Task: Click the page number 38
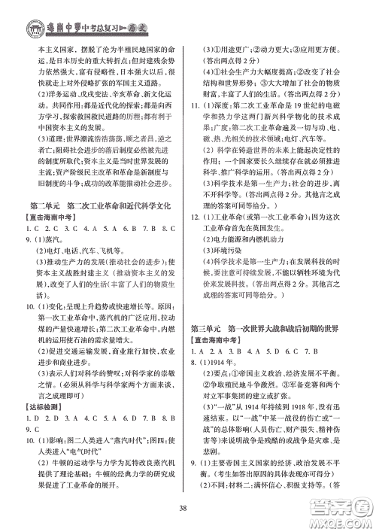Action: [187, 503]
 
